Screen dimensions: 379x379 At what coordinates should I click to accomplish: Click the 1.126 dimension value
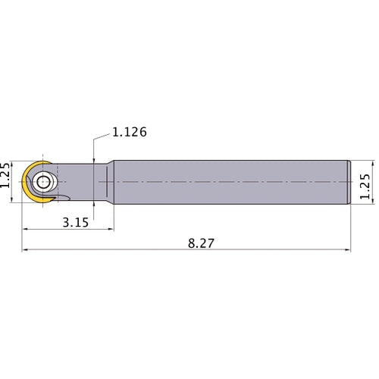[x=129, y=132]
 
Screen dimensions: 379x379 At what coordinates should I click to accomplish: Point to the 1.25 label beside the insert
[x=8, y=175]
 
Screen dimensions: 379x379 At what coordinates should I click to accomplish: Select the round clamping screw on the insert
[x=42, y=183]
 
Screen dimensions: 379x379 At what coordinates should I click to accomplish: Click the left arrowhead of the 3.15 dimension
[x=26, y=227]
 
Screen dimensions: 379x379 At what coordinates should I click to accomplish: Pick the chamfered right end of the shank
[x=349, y=183]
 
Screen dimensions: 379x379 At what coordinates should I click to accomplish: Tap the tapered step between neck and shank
[x=110, y=183]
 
